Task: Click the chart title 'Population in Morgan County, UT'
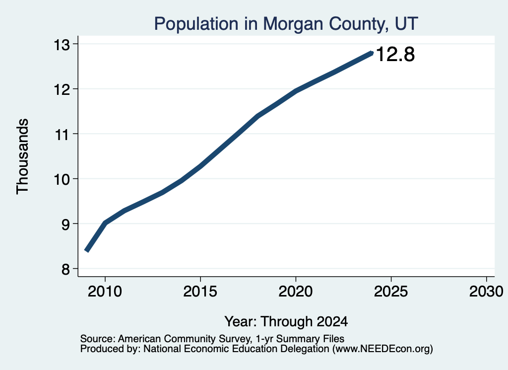coord(286,24)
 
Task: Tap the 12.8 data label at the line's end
coord(395,54)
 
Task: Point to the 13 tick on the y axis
coord(62,45)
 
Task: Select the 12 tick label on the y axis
coord(62,89)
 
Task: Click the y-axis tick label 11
coord(62,134)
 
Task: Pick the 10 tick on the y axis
coord(62,179)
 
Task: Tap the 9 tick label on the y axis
coord(65,224)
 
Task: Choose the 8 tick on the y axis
coord(65,269)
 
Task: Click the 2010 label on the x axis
coord(105,292)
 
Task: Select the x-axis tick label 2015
coord(200,292)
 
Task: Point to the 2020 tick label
coord(296,292)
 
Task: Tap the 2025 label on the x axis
coord(391,292)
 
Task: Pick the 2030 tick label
coord(486,292)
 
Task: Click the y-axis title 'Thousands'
coord(22,156)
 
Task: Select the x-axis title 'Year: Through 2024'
coord(286,322)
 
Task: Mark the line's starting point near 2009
coord(86,251)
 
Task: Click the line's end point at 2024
coord(372,53)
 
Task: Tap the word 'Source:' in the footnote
coord(98,339)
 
